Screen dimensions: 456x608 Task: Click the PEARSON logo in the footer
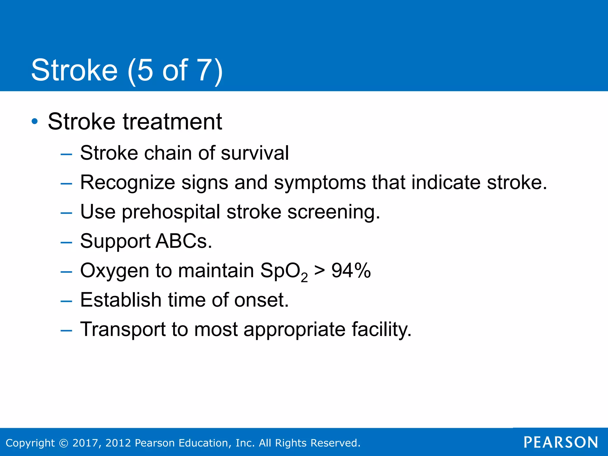560,442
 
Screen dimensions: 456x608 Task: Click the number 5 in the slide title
145,70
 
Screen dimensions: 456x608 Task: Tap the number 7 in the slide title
205,70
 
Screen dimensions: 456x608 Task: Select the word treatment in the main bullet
172,122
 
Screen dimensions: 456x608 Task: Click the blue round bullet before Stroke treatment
35,121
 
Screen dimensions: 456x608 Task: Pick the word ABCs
183,241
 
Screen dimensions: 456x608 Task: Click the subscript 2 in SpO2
304,278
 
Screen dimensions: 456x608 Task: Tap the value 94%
351,271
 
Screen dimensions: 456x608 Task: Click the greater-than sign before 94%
319,271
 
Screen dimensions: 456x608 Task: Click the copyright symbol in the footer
64,443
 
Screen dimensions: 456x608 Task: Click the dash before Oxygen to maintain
66,272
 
